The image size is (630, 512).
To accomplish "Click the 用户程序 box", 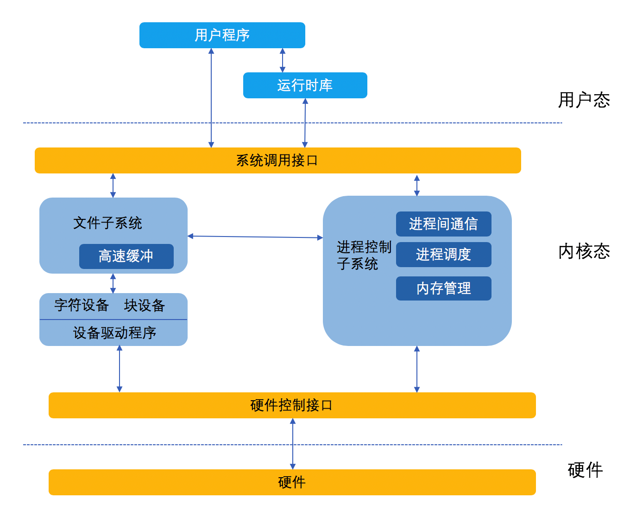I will (x=222, y=35).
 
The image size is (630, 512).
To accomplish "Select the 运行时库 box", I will (x=305, y=85).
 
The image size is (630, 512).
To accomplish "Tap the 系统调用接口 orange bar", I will (x=277, y=160).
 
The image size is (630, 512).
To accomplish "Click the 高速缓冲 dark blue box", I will (x=126, y=256).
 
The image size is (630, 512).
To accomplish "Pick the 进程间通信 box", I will (x=443, y=224).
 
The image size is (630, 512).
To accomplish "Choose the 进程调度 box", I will (x=443, y=255).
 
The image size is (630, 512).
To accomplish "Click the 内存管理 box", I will (x=443, y=288).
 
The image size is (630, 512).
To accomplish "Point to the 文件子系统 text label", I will (x=107, y=223).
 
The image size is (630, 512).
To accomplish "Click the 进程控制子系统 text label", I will (x=364, y=255).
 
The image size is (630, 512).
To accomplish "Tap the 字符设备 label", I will (x=82, y=305).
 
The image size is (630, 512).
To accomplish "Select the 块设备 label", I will (x=145, y=305).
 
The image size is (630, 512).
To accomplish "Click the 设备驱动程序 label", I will (x=114, y=333).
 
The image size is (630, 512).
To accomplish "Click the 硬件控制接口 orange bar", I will (x=292, y=405).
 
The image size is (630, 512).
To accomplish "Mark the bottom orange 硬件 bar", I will (x=292, y=482).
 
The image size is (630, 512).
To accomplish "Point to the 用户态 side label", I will (x=584, y=100).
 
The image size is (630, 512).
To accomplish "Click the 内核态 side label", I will (x=584, y=251).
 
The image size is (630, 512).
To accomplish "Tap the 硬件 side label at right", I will (x=585, y=470).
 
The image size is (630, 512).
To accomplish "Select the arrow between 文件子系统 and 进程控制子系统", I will (x=255, y=237).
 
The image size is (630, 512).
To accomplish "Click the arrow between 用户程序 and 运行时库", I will (x=283, y=60).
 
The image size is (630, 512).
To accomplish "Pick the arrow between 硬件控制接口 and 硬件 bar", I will (x=293, y=444).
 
